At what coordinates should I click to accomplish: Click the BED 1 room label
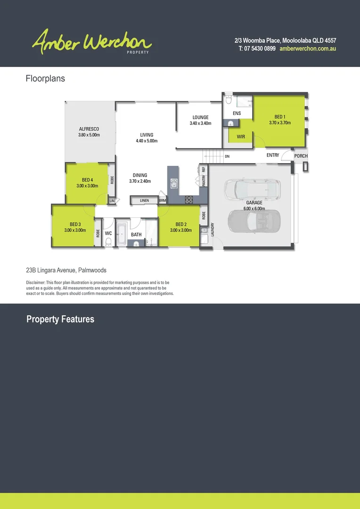click(279, 117)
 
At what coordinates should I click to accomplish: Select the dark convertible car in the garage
click(254, 220)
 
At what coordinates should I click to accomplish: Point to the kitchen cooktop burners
click(189, 200)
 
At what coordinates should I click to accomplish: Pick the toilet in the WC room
click(108, 242)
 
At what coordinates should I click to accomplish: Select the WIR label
click(241, 137)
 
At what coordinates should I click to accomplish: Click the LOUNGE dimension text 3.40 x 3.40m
click(200, 123)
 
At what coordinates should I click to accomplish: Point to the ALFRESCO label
click(89, 129)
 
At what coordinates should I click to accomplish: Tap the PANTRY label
click(204, 181)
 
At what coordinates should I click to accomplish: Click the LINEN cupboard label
click(144, 201)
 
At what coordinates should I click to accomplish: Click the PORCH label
click(301, 156)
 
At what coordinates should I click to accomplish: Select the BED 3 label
click(75, 224)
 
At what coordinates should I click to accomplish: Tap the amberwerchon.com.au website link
click(307, 49)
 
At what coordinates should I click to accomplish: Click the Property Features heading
click(60, 319)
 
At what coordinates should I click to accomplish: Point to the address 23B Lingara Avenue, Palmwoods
click(66, 271)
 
